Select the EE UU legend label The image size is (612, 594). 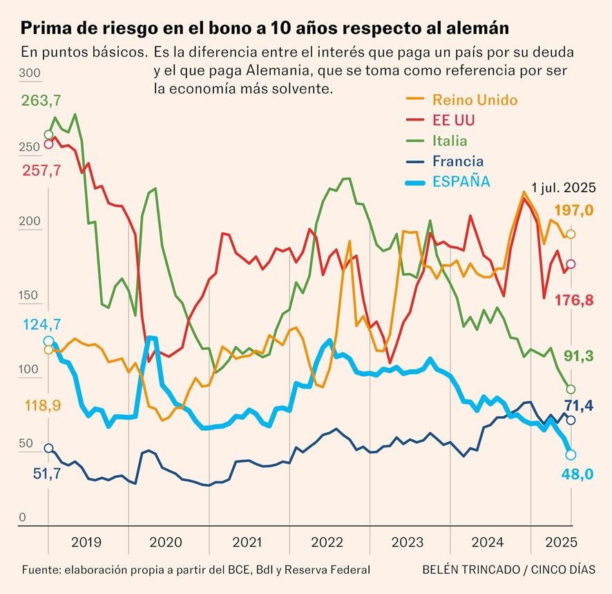[x=454, y=120]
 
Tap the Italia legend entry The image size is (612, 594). [x=450, y=141]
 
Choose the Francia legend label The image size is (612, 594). [x=458, y=162]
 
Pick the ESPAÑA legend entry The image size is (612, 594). [x=461, y=182]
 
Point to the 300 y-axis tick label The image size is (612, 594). [x=30, y=75]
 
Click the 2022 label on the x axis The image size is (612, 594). [x=328, y=543]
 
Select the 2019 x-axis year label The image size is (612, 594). [x=86, y=543]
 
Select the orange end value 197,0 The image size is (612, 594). [x=574, y=211]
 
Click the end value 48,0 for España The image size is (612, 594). [x=579, y=475]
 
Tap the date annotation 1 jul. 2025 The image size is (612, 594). [x=560, y=187]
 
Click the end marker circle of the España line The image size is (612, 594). [x=571, y=454]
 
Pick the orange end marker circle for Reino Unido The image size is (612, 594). [x=571, y=234]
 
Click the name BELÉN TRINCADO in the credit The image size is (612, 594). [x=470, y=570]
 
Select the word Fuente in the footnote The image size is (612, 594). [x=40, y=570]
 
